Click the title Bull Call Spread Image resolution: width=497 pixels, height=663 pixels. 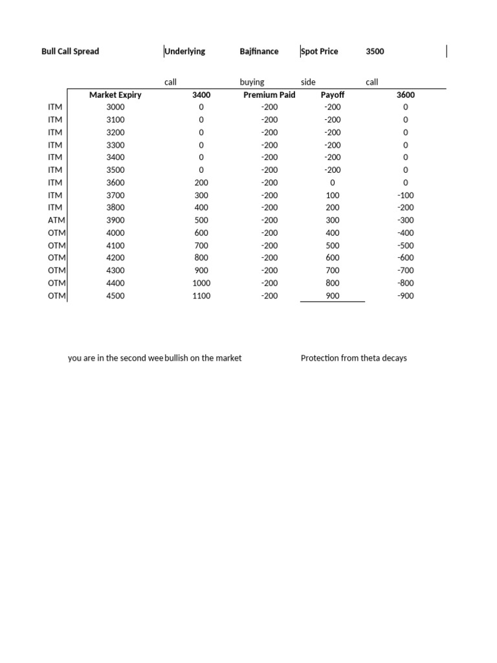click(70, 51)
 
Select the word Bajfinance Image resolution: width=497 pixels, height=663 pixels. click(259, 51)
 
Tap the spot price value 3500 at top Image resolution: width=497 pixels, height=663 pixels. click(375, 51)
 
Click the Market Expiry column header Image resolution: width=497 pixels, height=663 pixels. click(115, 95)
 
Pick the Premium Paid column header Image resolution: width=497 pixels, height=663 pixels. click(269, 95)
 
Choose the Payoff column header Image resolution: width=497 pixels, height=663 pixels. click(333, 95)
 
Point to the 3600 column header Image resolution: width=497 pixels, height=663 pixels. click(406, 95)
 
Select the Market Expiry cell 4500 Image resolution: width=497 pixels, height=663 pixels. click(115, 296)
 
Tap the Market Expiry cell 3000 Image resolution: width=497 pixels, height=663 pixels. click(115, 107)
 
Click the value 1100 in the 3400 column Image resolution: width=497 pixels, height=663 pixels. click(201, 296)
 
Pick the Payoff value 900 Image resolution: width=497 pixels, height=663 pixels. click(333, 296)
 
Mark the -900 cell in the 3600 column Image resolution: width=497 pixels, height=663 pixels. click(406, 296)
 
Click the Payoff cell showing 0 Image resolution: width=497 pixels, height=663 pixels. click(333, 183)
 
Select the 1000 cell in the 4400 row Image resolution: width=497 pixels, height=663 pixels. click(201, 283)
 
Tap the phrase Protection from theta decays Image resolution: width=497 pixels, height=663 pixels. click(353, 358)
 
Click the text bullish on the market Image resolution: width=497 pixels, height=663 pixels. click(203, 358)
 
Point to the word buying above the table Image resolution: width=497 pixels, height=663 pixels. click(252, 82)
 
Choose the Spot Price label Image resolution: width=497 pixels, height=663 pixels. click(320, 51)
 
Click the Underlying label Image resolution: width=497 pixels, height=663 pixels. click(185, 51)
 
